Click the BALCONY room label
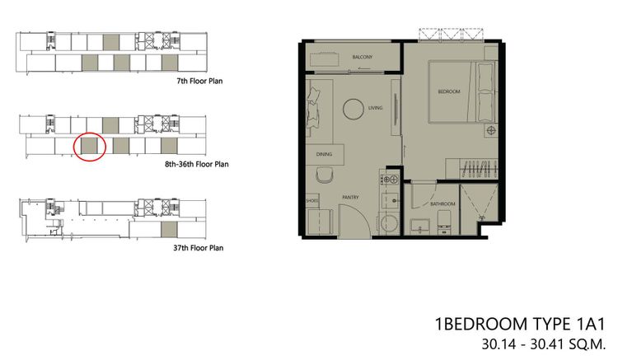click(362, 57)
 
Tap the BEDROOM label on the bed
click(449, 91)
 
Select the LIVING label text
click(375, 108)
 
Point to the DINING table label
click(324, 154)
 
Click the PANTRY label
click(350, 197)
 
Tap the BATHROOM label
click(442, 203)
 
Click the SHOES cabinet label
click(311, 200)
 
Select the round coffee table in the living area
click(353, 109)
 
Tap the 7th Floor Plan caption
click(199, 81)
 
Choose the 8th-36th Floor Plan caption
click(196, 164)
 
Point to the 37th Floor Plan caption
click(198, 248)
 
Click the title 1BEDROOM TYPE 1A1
click(519, 324)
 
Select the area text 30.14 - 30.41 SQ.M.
click(543, 344)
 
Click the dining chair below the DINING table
click(325, 175)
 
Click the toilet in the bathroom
click(444, 222)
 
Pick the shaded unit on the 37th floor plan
click(169, 230)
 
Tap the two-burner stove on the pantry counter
click(391, 180)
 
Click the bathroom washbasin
click(419, 226)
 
